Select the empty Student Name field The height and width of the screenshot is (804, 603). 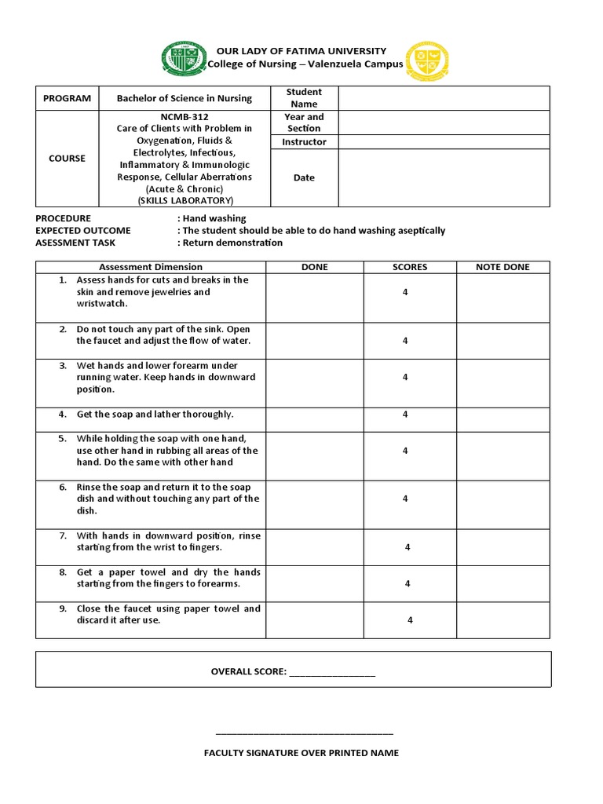pos(444,98)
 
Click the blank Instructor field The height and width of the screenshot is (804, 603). pos(444,142)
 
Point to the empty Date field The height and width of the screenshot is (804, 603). pos(444,177)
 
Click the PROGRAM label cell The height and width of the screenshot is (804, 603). pos(68,98)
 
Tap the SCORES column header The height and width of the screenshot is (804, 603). pos(410,267)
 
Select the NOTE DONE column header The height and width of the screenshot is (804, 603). pos(502,267)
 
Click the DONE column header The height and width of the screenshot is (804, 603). pos(314,267)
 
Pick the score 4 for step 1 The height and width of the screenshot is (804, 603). pos(405,292)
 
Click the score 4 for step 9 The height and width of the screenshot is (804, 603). pos(410,620)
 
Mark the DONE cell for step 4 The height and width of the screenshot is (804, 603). pos(314,415)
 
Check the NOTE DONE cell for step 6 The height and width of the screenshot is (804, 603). pos(502,499)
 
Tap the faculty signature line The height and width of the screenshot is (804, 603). pos(305,733)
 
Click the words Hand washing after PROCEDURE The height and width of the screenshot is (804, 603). pos(214,218)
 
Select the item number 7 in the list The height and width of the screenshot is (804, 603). pos(62,535)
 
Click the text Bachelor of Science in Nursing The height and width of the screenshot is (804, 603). pos(185,98)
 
